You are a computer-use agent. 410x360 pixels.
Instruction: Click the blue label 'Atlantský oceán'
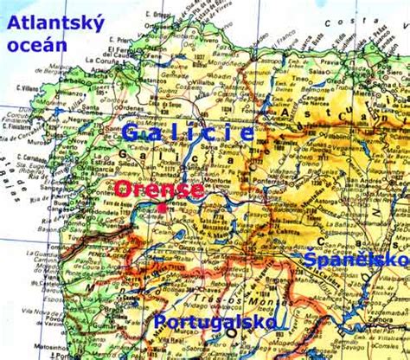55,33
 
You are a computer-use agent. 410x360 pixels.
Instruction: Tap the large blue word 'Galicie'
188,132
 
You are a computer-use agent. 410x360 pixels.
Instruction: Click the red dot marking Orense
162,208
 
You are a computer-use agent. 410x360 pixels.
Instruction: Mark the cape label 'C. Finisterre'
19,135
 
